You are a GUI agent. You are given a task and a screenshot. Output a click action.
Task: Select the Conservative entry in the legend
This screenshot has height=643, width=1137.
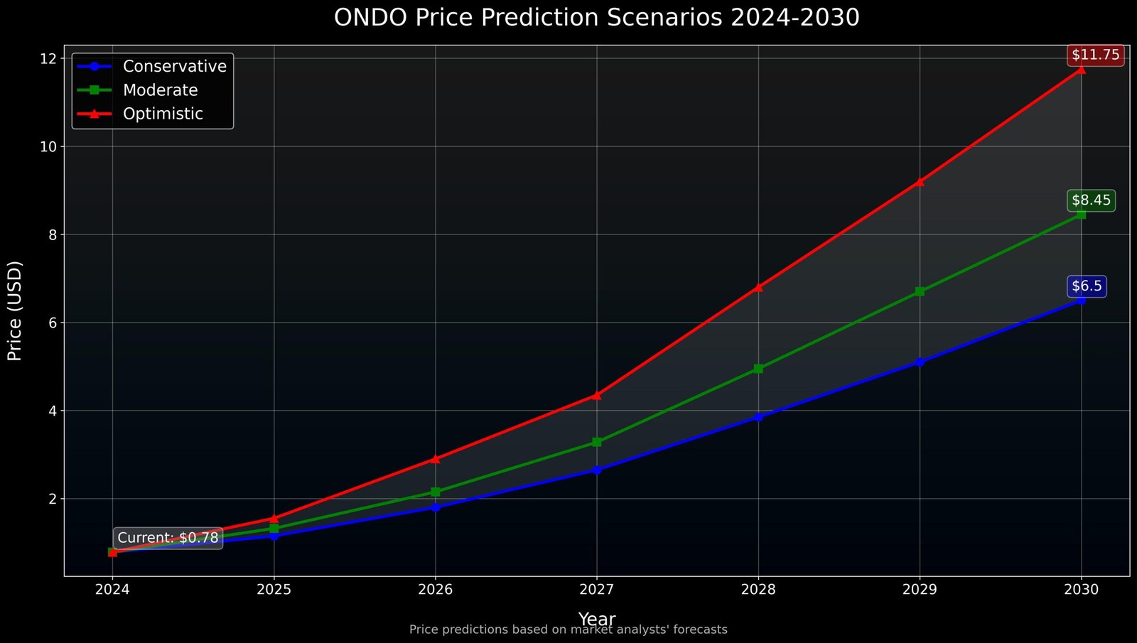pos(174,66)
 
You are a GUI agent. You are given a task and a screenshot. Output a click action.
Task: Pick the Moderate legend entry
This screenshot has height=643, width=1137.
pos(160,90)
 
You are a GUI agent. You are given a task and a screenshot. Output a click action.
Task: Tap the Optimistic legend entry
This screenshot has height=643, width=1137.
pos(163,114)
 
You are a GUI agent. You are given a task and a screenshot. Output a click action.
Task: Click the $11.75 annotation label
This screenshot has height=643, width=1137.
pos(1095,55)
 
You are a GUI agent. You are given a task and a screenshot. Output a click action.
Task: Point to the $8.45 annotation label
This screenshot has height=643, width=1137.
pos(1091,200)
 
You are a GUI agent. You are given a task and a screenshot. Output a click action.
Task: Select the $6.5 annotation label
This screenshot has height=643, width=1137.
pos(1087,286)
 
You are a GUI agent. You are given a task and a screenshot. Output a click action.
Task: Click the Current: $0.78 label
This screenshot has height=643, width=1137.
pos(168,538)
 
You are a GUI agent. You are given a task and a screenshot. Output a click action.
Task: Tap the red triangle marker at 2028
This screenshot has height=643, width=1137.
pos(758,287)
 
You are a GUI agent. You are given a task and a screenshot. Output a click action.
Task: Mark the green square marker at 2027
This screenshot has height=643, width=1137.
pos(597,442)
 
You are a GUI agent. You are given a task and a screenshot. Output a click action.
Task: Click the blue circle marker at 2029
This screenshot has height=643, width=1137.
pos(920,362)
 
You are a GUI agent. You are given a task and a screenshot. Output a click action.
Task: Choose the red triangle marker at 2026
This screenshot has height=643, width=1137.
pos(435,459)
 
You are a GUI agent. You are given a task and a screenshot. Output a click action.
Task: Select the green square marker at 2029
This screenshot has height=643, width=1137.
pos(920,291)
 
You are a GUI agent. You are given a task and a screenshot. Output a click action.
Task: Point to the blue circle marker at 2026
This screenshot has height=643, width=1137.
pos(435,507)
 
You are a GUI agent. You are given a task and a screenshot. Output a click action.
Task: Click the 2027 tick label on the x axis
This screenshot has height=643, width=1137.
pos(597,589)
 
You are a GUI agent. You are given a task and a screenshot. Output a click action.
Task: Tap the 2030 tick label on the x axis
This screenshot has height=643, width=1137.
pos(1081,589)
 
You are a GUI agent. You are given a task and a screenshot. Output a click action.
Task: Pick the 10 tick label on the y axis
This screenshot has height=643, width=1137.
pos(48,146)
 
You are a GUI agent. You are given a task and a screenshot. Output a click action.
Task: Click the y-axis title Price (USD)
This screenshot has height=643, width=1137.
pos(15,310)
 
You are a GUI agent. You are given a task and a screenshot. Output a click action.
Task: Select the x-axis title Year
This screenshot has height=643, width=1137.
pos(596,619)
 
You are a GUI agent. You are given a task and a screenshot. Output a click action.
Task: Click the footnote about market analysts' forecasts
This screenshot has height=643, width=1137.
pos(568,630)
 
